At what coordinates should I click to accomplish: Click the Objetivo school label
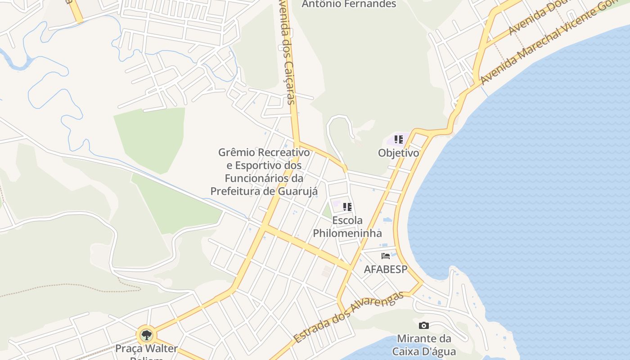pos(398,153)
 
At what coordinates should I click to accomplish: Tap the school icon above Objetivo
pos(398,139)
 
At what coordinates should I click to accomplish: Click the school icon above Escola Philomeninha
pos(347,207)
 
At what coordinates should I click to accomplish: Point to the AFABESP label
pos(385,270)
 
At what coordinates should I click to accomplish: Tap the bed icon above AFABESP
pos(385,256)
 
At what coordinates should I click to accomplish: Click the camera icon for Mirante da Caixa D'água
pos(423,325)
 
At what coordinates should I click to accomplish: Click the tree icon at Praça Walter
pos(146,335)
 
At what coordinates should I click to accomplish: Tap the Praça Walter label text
pos(146,349)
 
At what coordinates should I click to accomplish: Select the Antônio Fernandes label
pos(349,4)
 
